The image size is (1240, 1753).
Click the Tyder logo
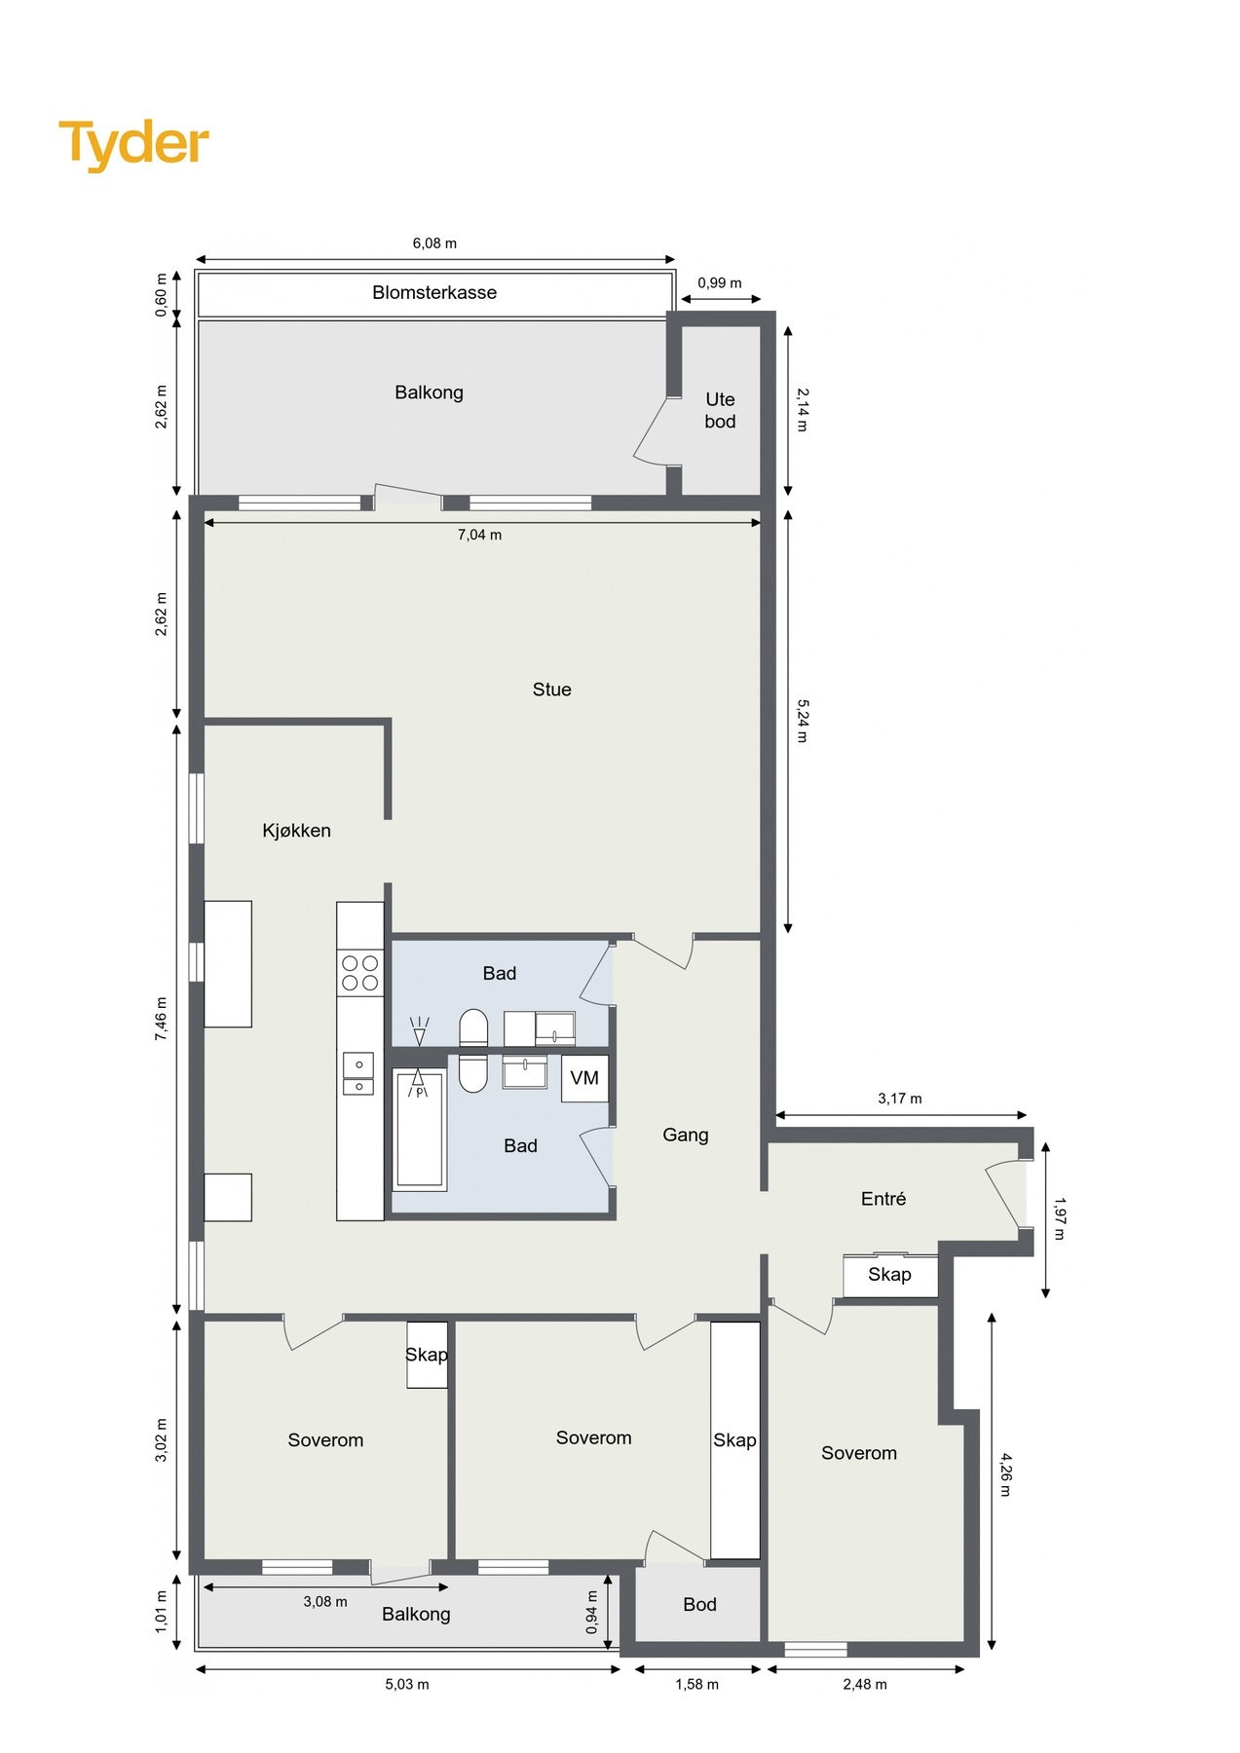tap(133, 144)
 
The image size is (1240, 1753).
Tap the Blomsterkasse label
tap(434, 292)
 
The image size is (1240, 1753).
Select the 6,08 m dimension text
tap(434, 243)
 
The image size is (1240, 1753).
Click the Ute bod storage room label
tap(720, 410)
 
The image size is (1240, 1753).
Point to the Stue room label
tap(551, 690)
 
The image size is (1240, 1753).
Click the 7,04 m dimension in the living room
tap(479, 535)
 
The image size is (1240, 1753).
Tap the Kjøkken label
tap(296, 831)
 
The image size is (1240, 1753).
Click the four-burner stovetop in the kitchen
tap(359, 973)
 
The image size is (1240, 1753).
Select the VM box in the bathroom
tap(584, 1078)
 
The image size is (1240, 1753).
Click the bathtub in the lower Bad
tap(420, 1130)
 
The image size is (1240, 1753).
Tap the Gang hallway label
tap(685, 1135)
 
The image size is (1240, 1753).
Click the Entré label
tap(883, 1199)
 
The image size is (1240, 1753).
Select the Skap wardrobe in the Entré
tap(889, 1275)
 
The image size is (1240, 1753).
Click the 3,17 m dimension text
tap(899, 1099)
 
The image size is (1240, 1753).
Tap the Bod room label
tap(699, 1604)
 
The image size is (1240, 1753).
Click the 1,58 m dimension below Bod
tap(696, 1684)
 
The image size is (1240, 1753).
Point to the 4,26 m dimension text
tap(1005, 1474)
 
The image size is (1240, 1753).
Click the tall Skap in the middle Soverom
tap(734, 1439)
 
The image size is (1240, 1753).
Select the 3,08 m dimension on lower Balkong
tap(324, 1601)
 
